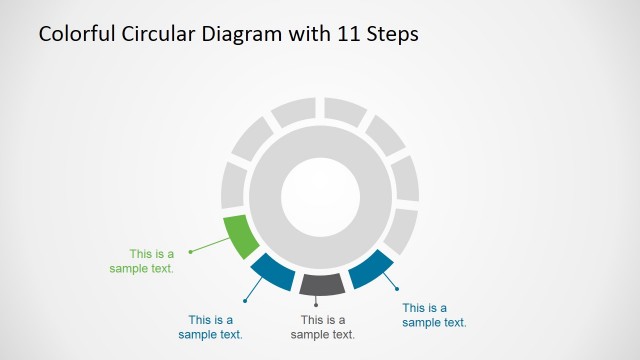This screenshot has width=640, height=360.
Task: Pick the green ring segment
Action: point(240,237)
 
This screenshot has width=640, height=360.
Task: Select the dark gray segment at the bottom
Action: point(321,284)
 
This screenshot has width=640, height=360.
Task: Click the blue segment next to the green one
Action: point(272,270)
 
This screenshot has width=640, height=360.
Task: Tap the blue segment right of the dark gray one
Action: point(370,268)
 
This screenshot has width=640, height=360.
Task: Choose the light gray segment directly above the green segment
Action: point(233,186)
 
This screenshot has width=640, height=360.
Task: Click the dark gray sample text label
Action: point(322,327)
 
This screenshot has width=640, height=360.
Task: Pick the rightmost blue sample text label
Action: point(434,315)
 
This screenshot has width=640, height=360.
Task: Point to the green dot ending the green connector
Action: point(190,251)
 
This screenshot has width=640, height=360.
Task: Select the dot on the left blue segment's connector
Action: point(244,299)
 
